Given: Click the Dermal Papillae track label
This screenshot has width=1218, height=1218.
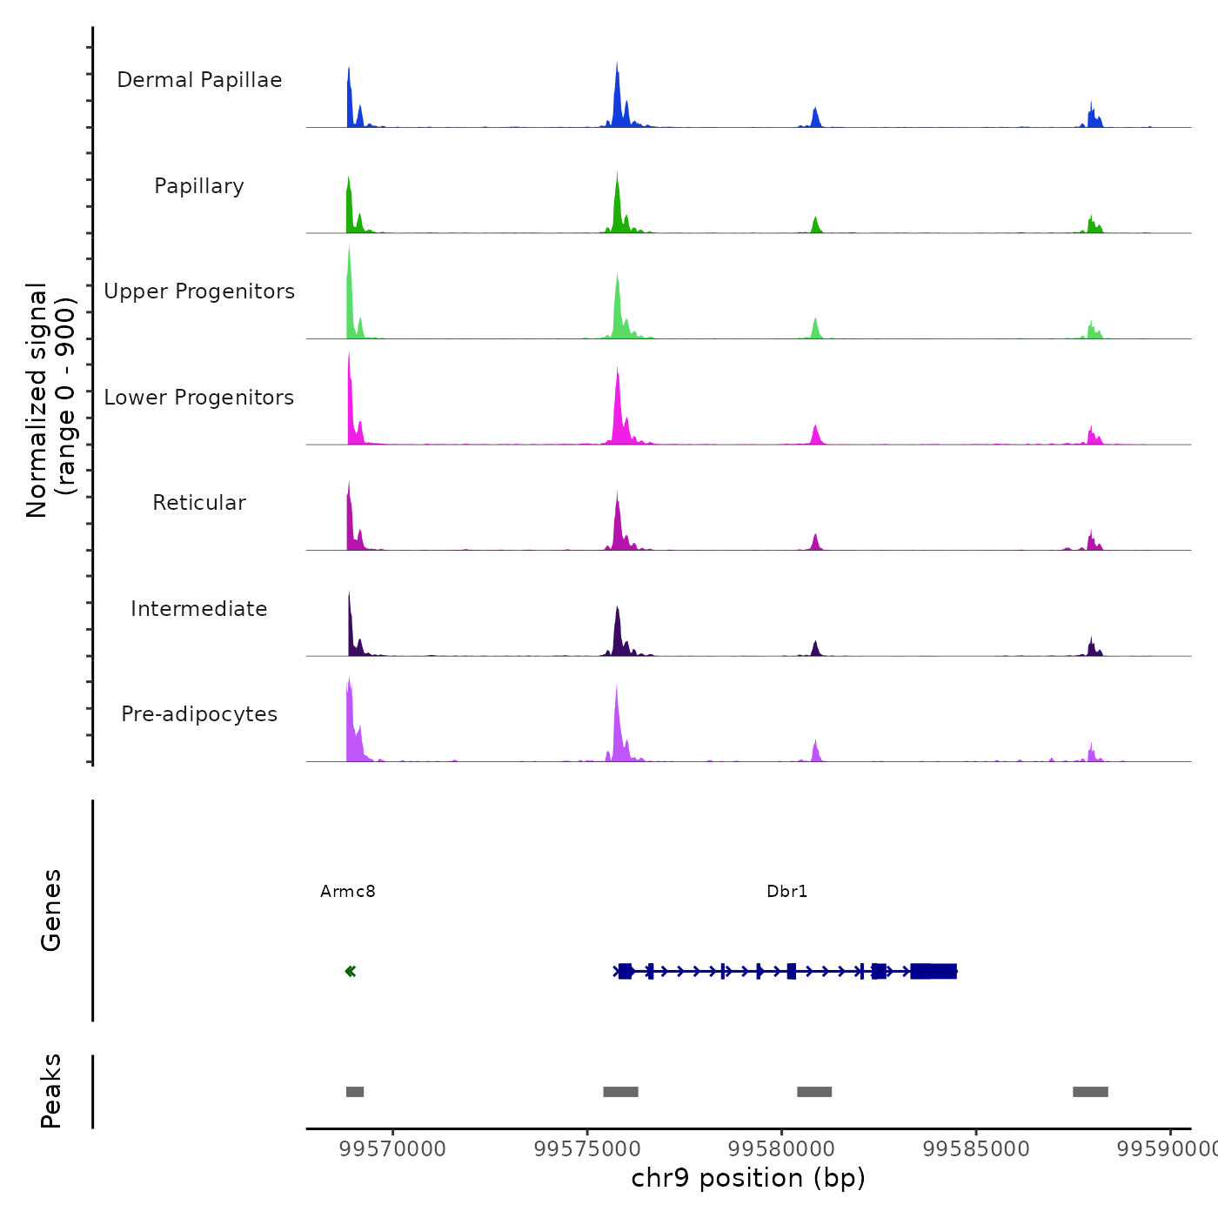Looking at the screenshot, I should (199, 80).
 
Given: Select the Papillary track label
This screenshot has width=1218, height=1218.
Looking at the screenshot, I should (199, 186).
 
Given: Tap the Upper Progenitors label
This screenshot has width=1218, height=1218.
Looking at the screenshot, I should (199, 291).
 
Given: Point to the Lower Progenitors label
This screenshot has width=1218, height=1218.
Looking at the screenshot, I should (199, 398).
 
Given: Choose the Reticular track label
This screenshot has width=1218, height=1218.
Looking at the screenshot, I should (199, 503).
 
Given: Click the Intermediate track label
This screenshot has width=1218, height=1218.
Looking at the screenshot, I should (199, 609).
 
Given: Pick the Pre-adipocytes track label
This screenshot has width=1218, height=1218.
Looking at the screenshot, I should (199, 714).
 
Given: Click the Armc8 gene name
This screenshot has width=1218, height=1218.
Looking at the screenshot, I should (348, 891).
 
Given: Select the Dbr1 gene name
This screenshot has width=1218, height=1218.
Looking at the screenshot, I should (787, 891).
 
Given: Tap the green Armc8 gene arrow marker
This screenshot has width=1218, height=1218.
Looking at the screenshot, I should (351, 971).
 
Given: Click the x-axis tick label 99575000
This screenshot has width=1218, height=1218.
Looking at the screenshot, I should (587, 1149).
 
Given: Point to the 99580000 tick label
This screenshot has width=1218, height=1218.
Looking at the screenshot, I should (781, 1149).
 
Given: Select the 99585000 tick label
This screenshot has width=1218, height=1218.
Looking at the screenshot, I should (976, 1149).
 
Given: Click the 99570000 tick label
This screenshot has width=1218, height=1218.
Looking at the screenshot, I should (393, 1149).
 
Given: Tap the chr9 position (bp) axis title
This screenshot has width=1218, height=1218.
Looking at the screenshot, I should (748, 1178).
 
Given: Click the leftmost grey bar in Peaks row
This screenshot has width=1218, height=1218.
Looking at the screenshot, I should (355, 1092).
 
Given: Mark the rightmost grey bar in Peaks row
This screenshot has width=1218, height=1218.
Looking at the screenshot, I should (1090, 1092).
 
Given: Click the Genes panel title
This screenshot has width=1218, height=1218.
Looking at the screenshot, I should (51, 910).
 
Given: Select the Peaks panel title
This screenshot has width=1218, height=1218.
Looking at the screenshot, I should (51, 1091).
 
